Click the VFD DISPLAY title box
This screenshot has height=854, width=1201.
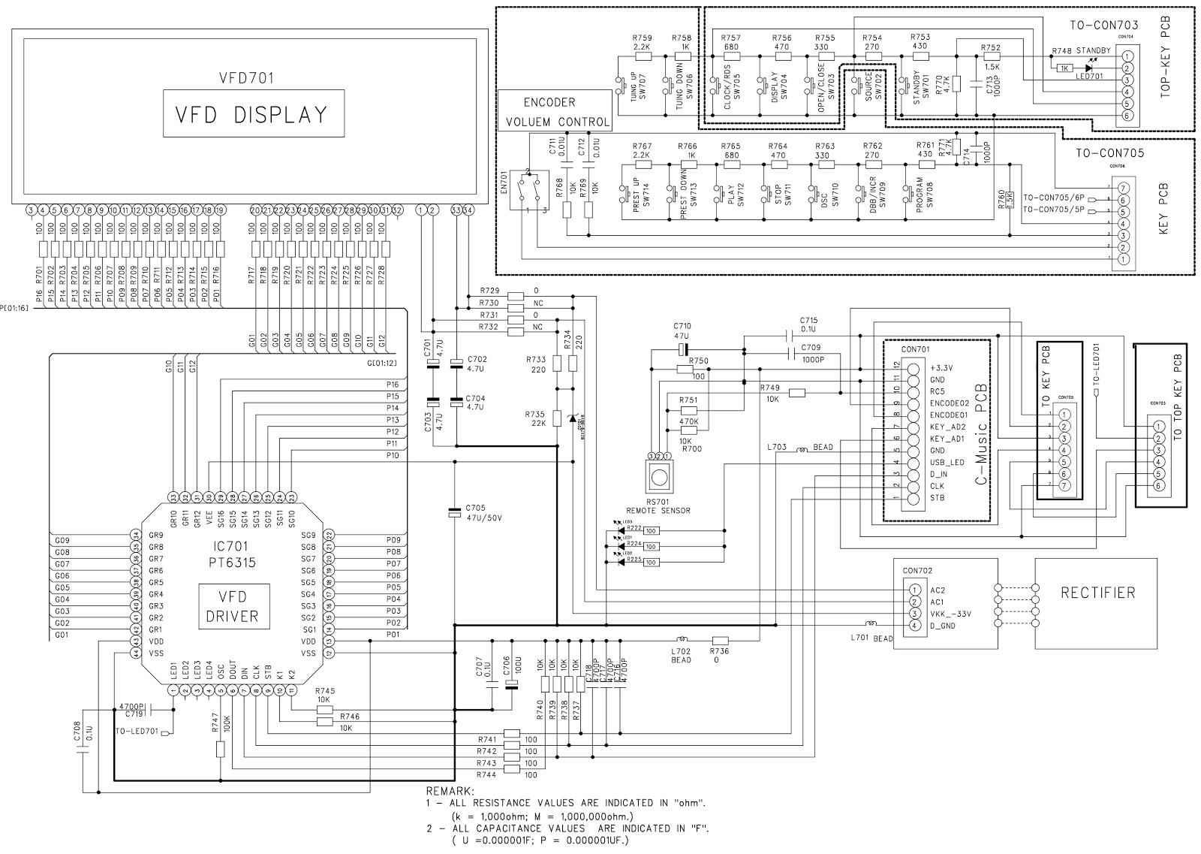pyautogui.click(x=253, y=113)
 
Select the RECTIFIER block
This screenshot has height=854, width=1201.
pyautogui.click(x=1097, y=593)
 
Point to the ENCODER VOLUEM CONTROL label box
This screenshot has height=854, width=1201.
pyautogui.click(x=555, y=112)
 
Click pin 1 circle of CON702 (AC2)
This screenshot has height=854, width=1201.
pyautogui.click(x=914, y=590)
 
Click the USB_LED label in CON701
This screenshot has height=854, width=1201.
pyautogui.click(x=946, y=463)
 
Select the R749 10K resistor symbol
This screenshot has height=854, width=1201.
pyautogui.click(x=797, y=392)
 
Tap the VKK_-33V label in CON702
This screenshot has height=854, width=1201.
pyautogui.click(x=950, y=614)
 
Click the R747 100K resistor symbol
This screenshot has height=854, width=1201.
pyautogui.click(x=220, y=749)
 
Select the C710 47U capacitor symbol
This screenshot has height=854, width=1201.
pyautogui.click(x=682, y=350)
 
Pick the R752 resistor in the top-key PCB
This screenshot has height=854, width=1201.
pyautogui.click(x=992, y=56)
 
